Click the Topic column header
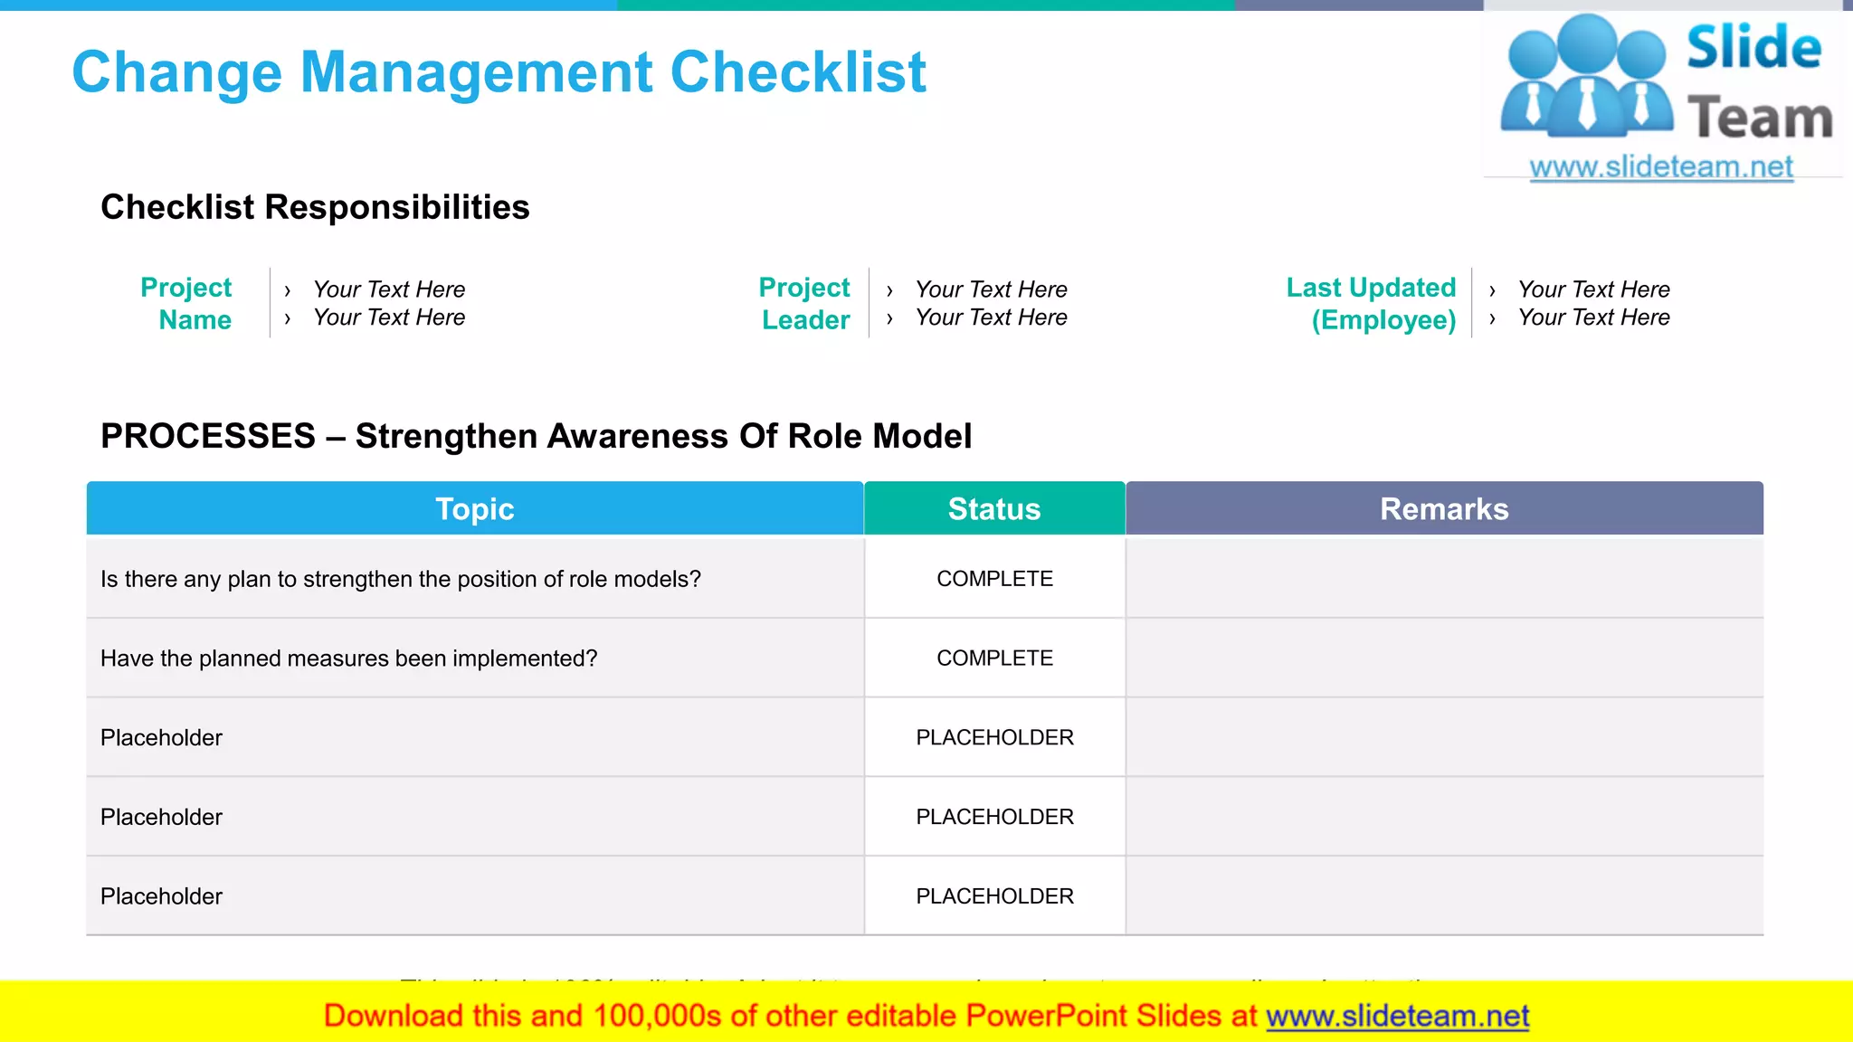474,509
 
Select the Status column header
993,509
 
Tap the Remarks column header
1444,509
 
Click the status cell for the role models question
994,579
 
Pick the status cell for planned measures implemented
994,658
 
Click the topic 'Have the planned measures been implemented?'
348,658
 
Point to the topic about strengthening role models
400,579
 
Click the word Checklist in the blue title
798,72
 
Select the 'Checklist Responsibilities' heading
315,207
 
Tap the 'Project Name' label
187,304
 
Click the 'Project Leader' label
805,304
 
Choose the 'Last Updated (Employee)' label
1372,304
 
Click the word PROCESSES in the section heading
208,436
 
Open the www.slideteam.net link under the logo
1661,167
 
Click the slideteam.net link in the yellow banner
1397,1017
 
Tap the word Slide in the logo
1753,47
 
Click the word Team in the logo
1760,118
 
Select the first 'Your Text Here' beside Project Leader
991,289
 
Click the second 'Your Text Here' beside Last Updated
1593,317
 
